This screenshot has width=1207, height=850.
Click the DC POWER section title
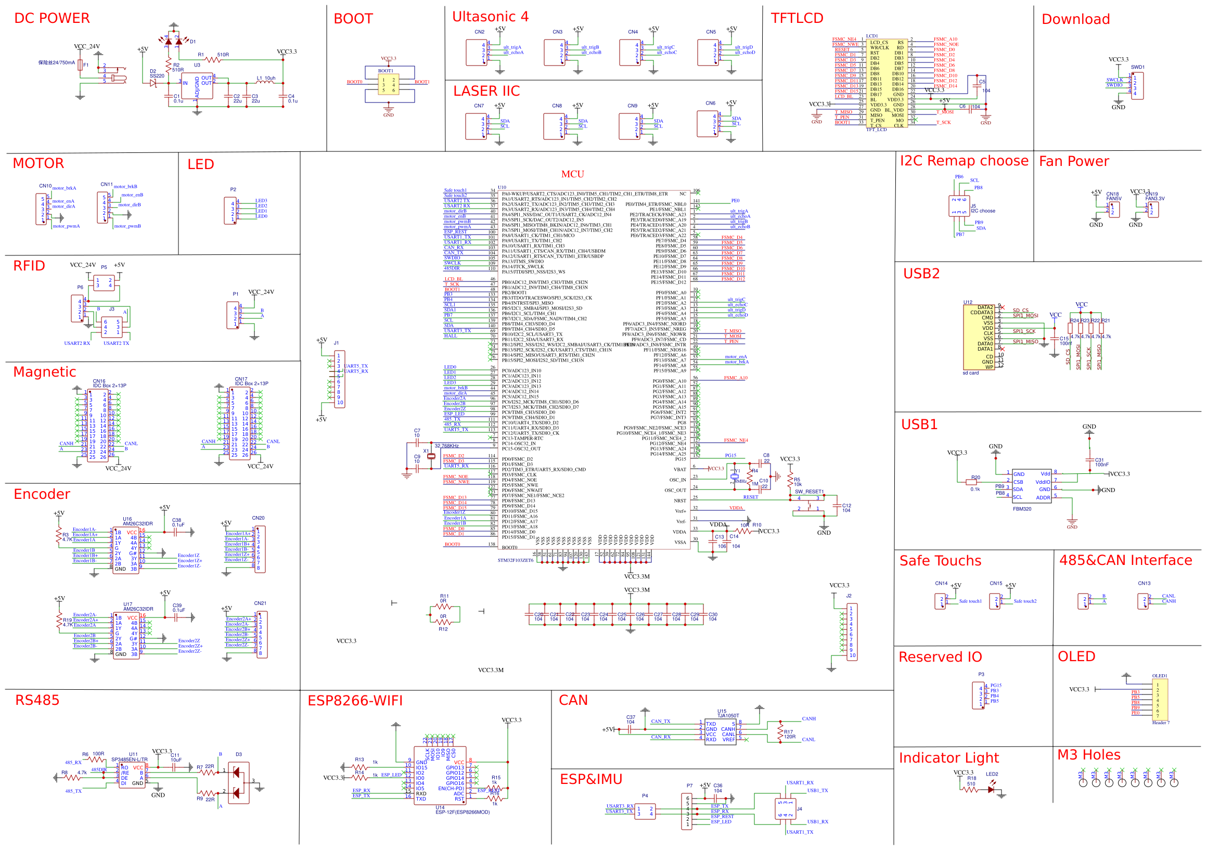coord(52,18)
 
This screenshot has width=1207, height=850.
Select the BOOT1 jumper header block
coord(389,84)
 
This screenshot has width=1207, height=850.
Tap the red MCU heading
coord(572,174)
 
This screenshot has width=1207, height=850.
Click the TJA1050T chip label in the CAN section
coord(728,715)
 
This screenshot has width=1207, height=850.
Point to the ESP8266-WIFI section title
coord(355,701)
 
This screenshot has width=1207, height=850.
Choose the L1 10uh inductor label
coord(266,79)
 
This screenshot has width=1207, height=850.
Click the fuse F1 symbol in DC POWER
coord(80,65)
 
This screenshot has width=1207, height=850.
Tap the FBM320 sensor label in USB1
coord(1022,509)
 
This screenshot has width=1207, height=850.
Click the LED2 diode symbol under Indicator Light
coord(991,790)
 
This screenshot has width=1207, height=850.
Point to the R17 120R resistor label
coord(789,734)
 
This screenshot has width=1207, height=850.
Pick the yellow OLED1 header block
coord(1160,700)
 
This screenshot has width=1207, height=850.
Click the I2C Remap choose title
coord(964,161)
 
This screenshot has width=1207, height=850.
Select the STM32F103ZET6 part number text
coord(515,560)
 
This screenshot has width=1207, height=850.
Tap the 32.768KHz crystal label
coord(446,446)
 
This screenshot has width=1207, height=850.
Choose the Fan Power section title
coord(1074,161)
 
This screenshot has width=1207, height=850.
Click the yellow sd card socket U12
coord(978,338)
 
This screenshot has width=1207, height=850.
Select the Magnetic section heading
coord(45,372)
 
